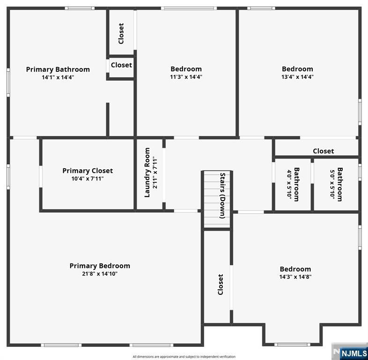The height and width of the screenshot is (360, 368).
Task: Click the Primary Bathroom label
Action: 58,69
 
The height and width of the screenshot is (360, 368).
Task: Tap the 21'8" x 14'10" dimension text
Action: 100,274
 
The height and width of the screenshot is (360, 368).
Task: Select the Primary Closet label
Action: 88,171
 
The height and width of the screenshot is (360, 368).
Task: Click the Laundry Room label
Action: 147,172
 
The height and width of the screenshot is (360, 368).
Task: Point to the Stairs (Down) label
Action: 222,196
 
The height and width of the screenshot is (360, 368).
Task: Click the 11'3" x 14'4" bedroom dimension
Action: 186,77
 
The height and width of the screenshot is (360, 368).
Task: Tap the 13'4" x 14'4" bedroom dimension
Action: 297,77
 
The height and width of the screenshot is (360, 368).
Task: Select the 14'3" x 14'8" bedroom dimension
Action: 295,277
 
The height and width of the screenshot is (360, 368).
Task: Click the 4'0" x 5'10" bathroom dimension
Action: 289,185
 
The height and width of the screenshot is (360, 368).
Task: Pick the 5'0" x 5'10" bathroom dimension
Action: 332,185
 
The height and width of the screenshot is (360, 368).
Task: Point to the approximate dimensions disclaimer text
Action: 184,357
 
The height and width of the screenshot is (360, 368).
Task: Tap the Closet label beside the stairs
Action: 220,285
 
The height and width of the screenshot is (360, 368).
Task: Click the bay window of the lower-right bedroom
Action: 292,345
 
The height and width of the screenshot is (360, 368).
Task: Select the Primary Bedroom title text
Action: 100,266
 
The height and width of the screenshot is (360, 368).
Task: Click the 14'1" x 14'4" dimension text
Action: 58,77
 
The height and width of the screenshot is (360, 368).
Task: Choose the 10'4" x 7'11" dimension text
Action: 88,179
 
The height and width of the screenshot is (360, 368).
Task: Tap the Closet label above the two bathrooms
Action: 323,151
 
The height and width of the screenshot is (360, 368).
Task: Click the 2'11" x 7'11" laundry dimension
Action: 155,172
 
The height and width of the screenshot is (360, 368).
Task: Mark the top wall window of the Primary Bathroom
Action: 80,8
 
